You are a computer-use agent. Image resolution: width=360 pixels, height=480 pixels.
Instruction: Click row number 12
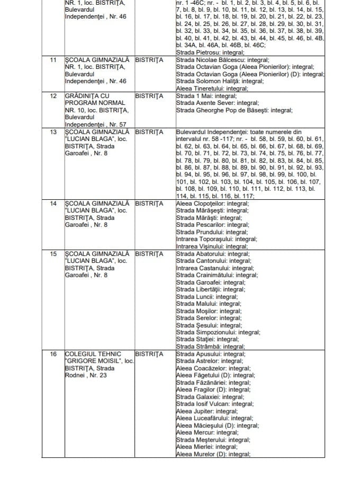pos(53,96)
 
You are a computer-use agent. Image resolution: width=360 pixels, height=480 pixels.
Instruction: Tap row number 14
pos(53,203)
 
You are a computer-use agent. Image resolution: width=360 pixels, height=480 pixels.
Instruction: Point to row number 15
pos(53,254)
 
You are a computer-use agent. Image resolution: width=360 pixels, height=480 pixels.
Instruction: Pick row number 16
pos(53,354)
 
